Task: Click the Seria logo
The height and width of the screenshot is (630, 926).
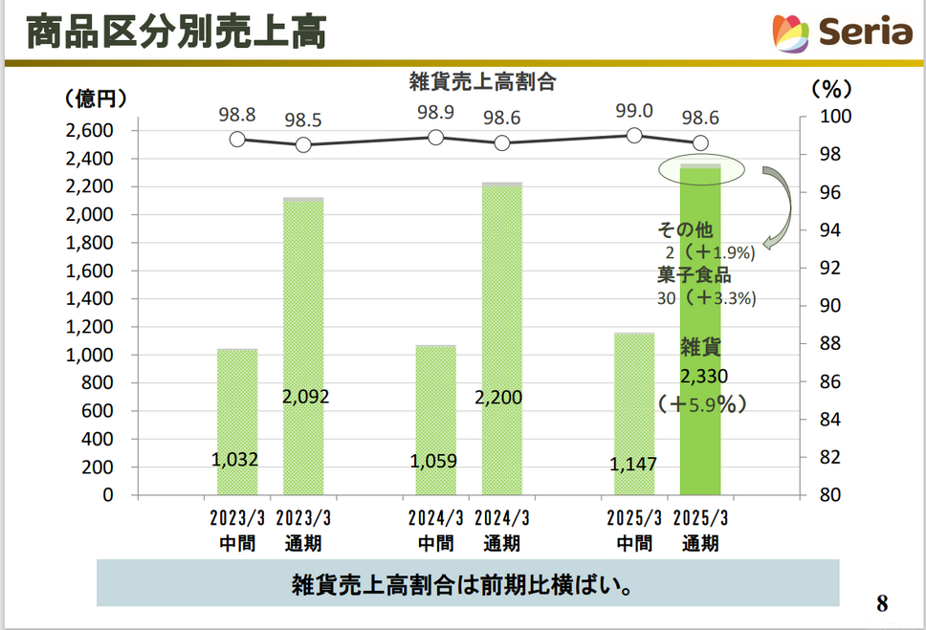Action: [x=842, y=33]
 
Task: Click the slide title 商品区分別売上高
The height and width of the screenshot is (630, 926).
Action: [x=176, y=33]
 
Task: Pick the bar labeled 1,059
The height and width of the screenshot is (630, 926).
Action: [x=435, y=421]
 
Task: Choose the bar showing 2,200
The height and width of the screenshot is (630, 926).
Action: [x=502, y=339]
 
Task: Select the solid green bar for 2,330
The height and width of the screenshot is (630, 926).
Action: [x=700, y=421]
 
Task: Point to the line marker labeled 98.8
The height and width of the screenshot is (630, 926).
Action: [x=237, y=140]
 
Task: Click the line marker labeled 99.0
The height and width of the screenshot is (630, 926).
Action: [x=633, y=135]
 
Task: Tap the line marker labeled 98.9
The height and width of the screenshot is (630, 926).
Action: [x=435, y=137]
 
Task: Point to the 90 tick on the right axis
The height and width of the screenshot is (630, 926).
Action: [x=821, y=306]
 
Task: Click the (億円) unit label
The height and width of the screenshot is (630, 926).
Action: [x=96, y=98]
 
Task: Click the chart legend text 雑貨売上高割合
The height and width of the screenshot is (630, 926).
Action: [x=482, y=82]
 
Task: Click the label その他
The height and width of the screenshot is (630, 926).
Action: [x=685, y=230]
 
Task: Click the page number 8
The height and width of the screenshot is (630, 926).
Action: [x=882, y=604]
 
